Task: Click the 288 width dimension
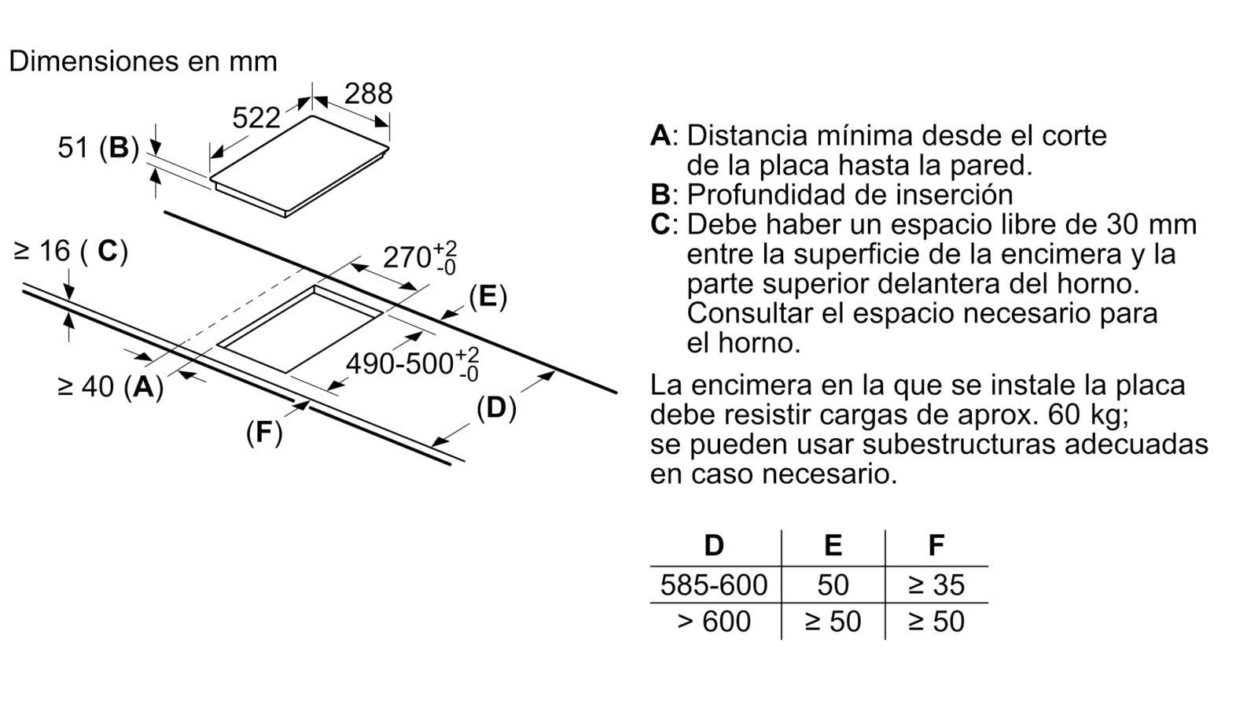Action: pyautogui.click(x=368, y=94)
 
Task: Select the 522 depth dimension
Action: pyautogui.click(x=256, y=118)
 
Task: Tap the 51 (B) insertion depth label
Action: pyautogui.click(x=98, y=148)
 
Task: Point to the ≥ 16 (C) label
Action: pyautogui.click(x=71, y=251)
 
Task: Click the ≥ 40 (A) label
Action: pyautogui.click(x=111, y=386)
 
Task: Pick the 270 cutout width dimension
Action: pyautogui.click(x=420, y=258)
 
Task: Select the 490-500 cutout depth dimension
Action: pyautogui.click(x=413, y=363)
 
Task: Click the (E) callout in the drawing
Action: pyautogui.click(x=487, y=297)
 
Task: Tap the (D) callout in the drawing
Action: pyautogui.click(x=496, y=408)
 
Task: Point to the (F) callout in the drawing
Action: pyautogui.click(x=264, y=433)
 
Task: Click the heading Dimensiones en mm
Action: pyautogui.click(x=143, y=61)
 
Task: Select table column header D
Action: pyautogui.click(x=714, y=546)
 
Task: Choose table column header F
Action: pyautogui.click(x=936, y=545)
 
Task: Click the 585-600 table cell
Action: pyautogui.click(x=714, y=585)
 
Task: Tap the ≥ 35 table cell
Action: pyautogui.click(x=936, y=585)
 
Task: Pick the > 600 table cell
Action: pyautogui.click(x=714, y=621)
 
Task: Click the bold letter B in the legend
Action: pyautogui.click(x=660, y=195)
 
